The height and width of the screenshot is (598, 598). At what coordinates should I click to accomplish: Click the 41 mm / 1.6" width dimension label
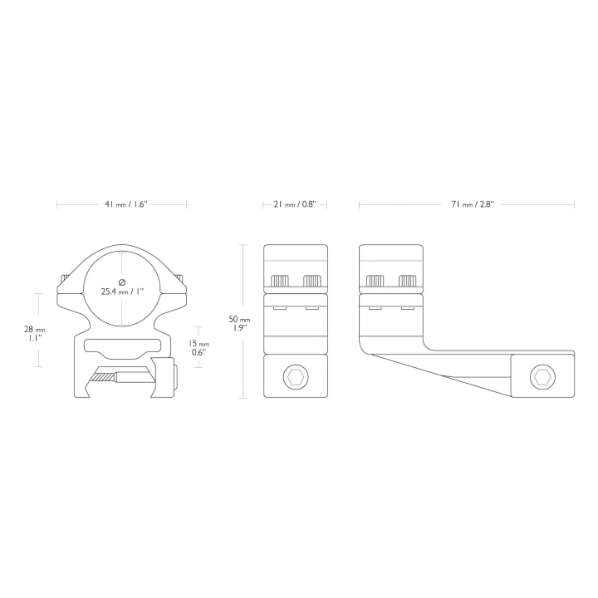click(126, 204)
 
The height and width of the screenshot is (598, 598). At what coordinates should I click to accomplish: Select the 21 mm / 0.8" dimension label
click(295, 204)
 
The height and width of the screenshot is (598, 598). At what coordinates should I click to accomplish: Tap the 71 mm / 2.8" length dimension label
click(472, 204)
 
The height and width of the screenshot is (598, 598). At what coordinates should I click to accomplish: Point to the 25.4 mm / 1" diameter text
click(122, 292)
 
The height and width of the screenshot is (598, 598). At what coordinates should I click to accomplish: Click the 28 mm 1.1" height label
click(35, 333)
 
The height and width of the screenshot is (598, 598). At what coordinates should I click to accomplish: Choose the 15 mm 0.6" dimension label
click(199, 347)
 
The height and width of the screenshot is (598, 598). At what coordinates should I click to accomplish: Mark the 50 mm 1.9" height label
click(239, 323)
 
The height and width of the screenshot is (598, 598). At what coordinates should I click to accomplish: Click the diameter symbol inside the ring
click(122, 282)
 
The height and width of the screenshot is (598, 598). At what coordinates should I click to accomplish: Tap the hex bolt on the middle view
click(296, 377)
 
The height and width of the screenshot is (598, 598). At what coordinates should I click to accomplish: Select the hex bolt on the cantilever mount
click(542, 377)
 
